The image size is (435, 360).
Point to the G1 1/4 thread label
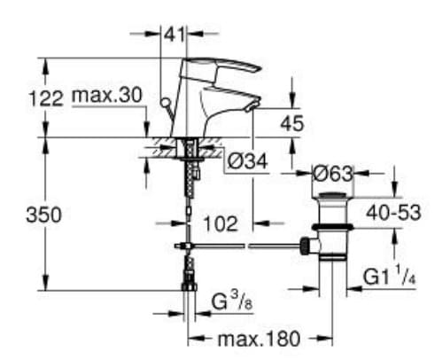tap(386, 278)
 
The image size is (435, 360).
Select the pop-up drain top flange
tap(332, 196)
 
